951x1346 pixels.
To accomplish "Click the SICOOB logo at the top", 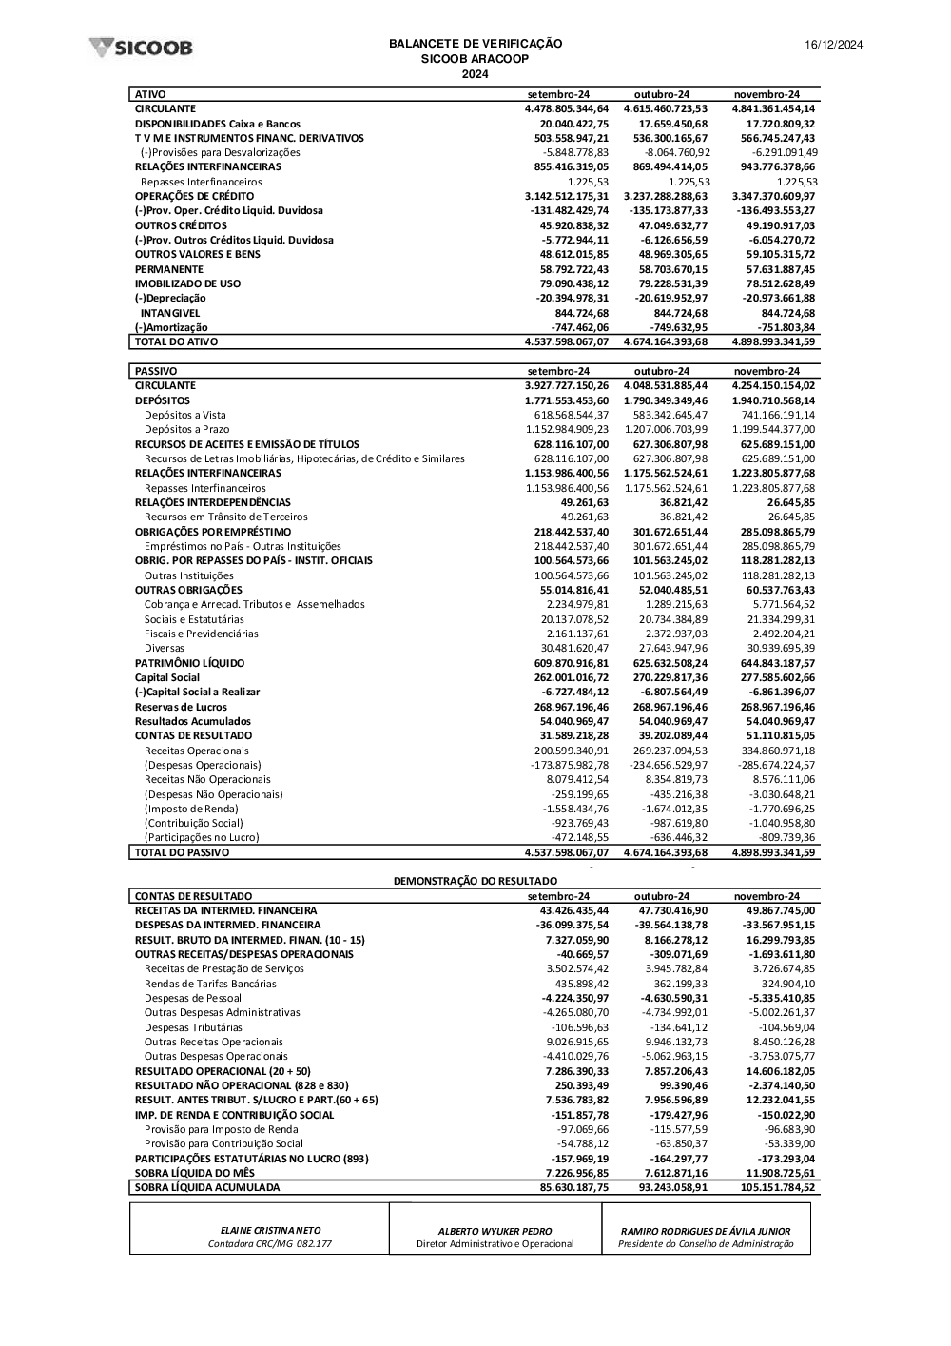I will [141, 48].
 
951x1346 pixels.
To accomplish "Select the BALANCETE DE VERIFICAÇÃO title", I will [475, 44].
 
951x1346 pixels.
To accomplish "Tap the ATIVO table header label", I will [150, 94].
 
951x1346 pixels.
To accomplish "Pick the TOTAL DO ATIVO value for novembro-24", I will [773, 341].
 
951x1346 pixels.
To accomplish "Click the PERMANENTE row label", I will [169, 269].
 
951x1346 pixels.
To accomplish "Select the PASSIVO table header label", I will [156, 371].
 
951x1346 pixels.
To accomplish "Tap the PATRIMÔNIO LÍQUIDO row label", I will [189, 663].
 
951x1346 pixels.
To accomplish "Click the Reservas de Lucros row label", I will [181, 707].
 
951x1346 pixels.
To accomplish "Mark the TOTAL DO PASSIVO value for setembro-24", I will [566, 852].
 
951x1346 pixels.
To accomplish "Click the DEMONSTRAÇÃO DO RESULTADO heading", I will [475, 881].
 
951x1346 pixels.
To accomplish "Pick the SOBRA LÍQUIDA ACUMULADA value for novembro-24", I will [773, 1187].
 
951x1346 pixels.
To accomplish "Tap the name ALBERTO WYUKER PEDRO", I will [495, 1231].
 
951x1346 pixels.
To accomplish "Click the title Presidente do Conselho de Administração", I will [706, 1244].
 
